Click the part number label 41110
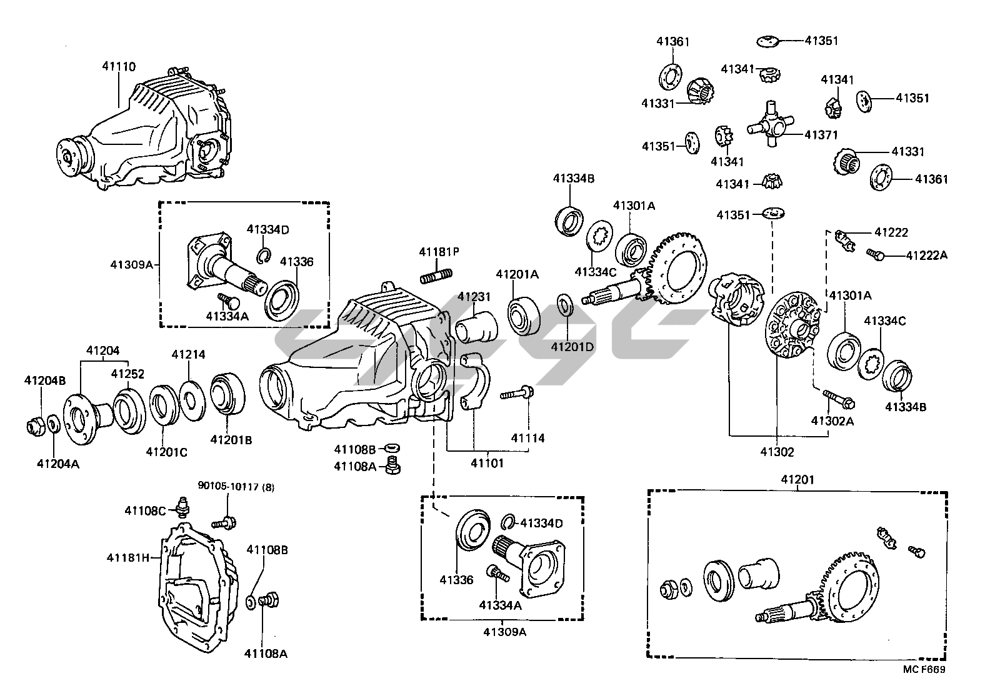tap(119, 67)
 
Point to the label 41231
tap(474, 297)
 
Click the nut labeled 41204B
tap(33, 427)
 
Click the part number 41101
tap(487, 463)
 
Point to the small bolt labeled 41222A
tap(874, 254)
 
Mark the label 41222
tap(891, 232)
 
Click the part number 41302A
tap(832, 420)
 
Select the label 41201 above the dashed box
tap(797, 480)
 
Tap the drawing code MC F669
tap(924, 669)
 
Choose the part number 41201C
tap(166, 451)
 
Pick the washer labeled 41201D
tap(564, 307)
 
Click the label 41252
tap(127, 374)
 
